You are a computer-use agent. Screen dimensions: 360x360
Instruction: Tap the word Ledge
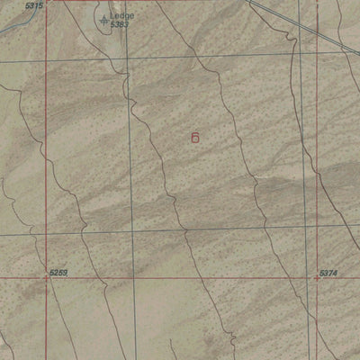(121, 15)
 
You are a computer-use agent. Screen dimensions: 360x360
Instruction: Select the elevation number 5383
(120, 24)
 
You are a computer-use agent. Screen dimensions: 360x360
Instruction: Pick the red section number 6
(195, 137)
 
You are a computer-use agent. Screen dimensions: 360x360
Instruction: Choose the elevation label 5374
(329, 271)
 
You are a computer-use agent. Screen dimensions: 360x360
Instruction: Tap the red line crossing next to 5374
(317, 278)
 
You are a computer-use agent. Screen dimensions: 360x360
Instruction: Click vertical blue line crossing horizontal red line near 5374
(303, 278)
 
